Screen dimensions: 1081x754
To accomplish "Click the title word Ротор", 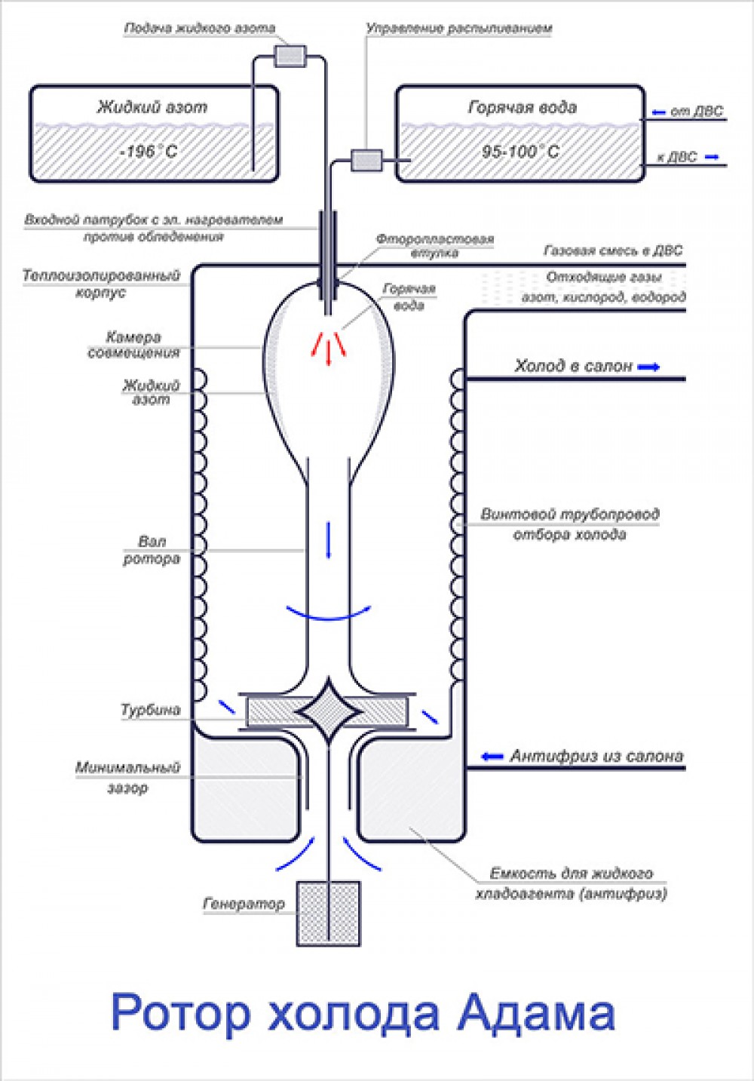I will coord(181,1012).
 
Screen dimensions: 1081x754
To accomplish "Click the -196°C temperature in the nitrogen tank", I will coord(149,152).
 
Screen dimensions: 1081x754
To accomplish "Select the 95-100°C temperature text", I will coord(520,152).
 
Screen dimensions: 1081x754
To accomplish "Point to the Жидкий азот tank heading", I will coord(152,107).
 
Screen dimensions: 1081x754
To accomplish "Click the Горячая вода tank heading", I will coord(522,107).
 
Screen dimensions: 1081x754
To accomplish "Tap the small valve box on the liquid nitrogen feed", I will coord(289,56).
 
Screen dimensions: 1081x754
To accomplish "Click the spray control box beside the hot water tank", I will coord(367,160).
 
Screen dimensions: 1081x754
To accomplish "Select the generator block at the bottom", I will coord(329,913).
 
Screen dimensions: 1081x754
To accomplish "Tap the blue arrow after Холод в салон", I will coord(648,367).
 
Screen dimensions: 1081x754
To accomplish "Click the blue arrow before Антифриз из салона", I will coord(492,756).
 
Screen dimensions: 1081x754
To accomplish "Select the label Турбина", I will coord(151,710).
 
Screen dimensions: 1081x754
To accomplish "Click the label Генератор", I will coord(244,903).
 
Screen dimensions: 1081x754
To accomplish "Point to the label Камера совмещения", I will coord(133,345).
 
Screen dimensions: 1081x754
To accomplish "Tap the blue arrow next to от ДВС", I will coord(658,112).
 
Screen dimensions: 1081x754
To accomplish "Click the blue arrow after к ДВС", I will coord(710,158).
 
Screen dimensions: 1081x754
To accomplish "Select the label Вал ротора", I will coord(152,550).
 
